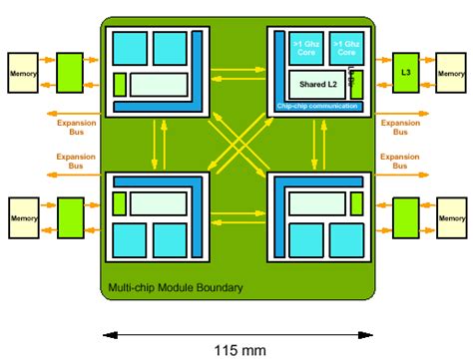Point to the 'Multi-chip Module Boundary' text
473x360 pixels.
pyautogui.click(x=175, y=289)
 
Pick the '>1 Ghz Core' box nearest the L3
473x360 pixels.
pyautogui.click(x=345, y=49)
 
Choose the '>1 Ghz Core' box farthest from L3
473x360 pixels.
pyautogui.click(x=303, y=49)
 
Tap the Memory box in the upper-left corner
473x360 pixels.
pyautogui.click(x=23, y=75)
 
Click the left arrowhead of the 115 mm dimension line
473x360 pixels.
pyautogui.click(x=101, y=332)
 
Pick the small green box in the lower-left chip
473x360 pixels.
pyautogui.click(x=120, y=202)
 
